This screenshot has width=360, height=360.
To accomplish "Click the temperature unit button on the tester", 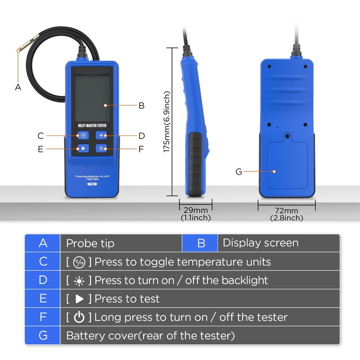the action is (83, 135).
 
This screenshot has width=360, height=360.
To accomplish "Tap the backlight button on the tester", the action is (101, 135).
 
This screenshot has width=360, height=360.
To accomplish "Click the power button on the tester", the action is (101, 148).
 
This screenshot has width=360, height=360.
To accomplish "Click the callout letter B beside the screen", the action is (141, 106).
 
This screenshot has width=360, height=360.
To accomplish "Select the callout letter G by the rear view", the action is (239, 171).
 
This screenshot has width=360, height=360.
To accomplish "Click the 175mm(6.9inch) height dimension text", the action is (166, 121).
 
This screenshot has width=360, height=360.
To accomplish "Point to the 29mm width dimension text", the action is (196, 210).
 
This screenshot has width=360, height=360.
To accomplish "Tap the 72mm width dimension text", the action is (287, 211).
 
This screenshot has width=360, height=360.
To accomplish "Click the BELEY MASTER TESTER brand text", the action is (92, 126).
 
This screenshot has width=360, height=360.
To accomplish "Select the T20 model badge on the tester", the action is (92, 184).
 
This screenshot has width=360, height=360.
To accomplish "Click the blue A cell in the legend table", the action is (42, 243).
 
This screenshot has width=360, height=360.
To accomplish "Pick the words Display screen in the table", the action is (261, 243).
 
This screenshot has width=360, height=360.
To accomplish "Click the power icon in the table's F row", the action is (79, 317).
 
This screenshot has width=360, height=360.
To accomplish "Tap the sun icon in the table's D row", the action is (79, 281).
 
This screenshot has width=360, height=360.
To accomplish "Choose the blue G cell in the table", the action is (42, 335).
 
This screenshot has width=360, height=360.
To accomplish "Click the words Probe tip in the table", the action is (90, 243).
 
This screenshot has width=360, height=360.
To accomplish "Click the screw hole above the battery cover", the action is (287, 136).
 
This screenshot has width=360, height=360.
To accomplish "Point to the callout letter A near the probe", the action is (18, 87).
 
